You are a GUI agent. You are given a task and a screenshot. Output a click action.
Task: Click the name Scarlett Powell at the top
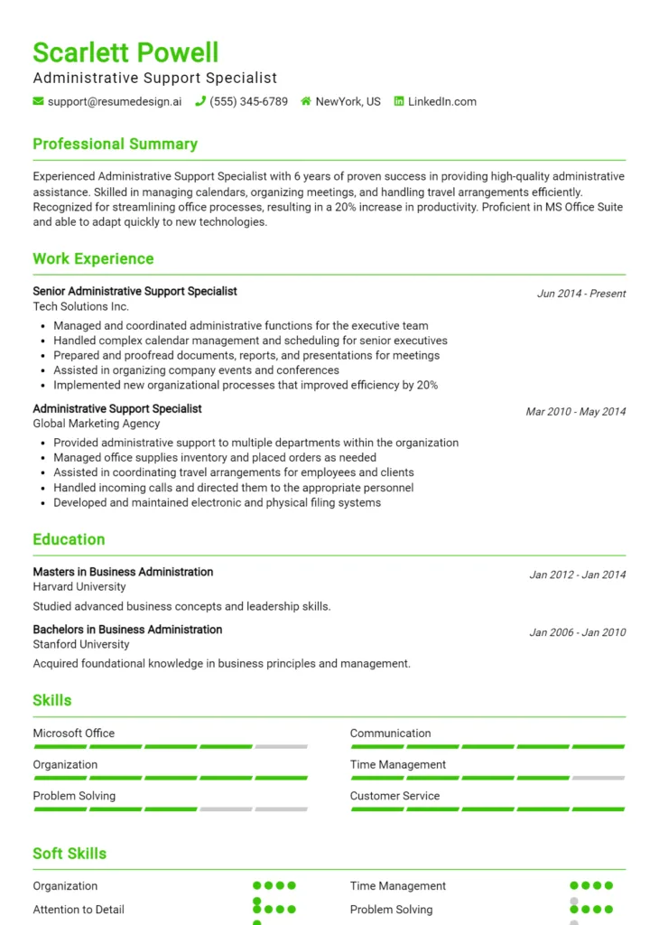(x=125, y=52)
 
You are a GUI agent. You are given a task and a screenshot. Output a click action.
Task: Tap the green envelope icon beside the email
(x=38, y=101)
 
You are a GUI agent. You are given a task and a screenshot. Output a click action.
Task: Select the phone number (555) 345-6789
(x=248, y=101)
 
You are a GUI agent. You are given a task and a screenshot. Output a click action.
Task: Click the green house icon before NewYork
(x=306, y=101)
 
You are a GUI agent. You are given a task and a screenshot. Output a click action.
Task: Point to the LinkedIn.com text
(x=441, y=101)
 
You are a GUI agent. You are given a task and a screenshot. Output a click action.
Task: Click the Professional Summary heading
(x=115, y=144)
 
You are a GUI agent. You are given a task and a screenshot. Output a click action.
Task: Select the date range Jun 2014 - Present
(x=580, y=294)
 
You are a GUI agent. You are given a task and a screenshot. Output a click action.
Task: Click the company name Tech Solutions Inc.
(x=81, y=306)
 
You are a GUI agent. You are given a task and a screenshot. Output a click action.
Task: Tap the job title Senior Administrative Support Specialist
(x=135, y=291)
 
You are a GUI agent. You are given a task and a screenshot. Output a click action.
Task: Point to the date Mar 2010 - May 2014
(x=575, y=411)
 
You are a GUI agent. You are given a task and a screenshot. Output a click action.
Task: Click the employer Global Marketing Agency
(x=97, y=424)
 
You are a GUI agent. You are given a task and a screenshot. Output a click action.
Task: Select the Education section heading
(x=69, y=539)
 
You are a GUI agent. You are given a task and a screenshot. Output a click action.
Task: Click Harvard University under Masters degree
(x=79, y=586)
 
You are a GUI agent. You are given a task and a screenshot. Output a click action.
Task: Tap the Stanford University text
(x=81, y=644)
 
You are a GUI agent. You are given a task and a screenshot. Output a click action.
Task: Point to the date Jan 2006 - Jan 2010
(x=577, y=632)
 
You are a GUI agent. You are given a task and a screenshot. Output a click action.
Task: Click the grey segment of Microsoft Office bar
(x=281, y=747)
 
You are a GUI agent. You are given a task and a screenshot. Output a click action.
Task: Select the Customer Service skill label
(x=394, y=796)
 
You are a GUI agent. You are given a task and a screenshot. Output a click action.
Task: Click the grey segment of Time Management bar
(x=598, y=778)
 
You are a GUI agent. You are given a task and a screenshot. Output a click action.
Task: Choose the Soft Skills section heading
(x=70, y=854)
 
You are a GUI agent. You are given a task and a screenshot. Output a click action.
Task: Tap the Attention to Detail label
(x=79, y=910)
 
